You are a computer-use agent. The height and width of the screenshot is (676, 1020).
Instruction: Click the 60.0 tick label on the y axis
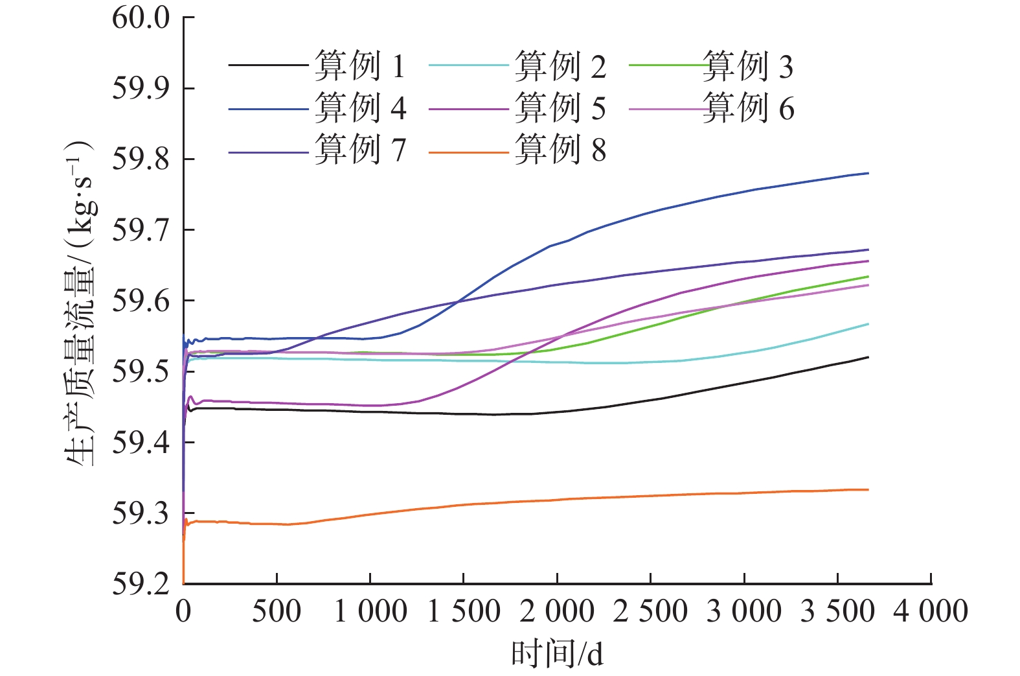coord(141,17)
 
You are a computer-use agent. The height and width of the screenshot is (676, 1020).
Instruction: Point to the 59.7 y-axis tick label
coord(141,230)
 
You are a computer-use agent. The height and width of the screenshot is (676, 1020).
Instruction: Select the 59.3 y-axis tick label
coord(141,514)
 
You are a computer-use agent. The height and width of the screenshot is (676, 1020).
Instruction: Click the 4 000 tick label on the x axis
coord(931,611)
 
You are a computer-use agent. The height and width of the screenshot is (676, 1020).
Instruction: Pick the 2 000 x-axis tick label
coord(557,611)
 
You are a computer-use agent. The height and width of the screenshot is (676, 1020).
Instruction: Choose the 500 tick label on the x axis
coord(277,611)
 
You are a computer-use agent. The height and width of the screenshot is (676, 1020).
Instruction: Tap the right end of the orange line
coord(868,489)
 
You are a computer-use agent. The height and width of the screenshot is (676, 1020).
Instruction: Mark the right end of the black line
coord(868,357)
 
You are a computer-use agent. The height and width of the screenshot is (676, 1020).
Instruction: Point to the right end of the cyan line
coord(868,323)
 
